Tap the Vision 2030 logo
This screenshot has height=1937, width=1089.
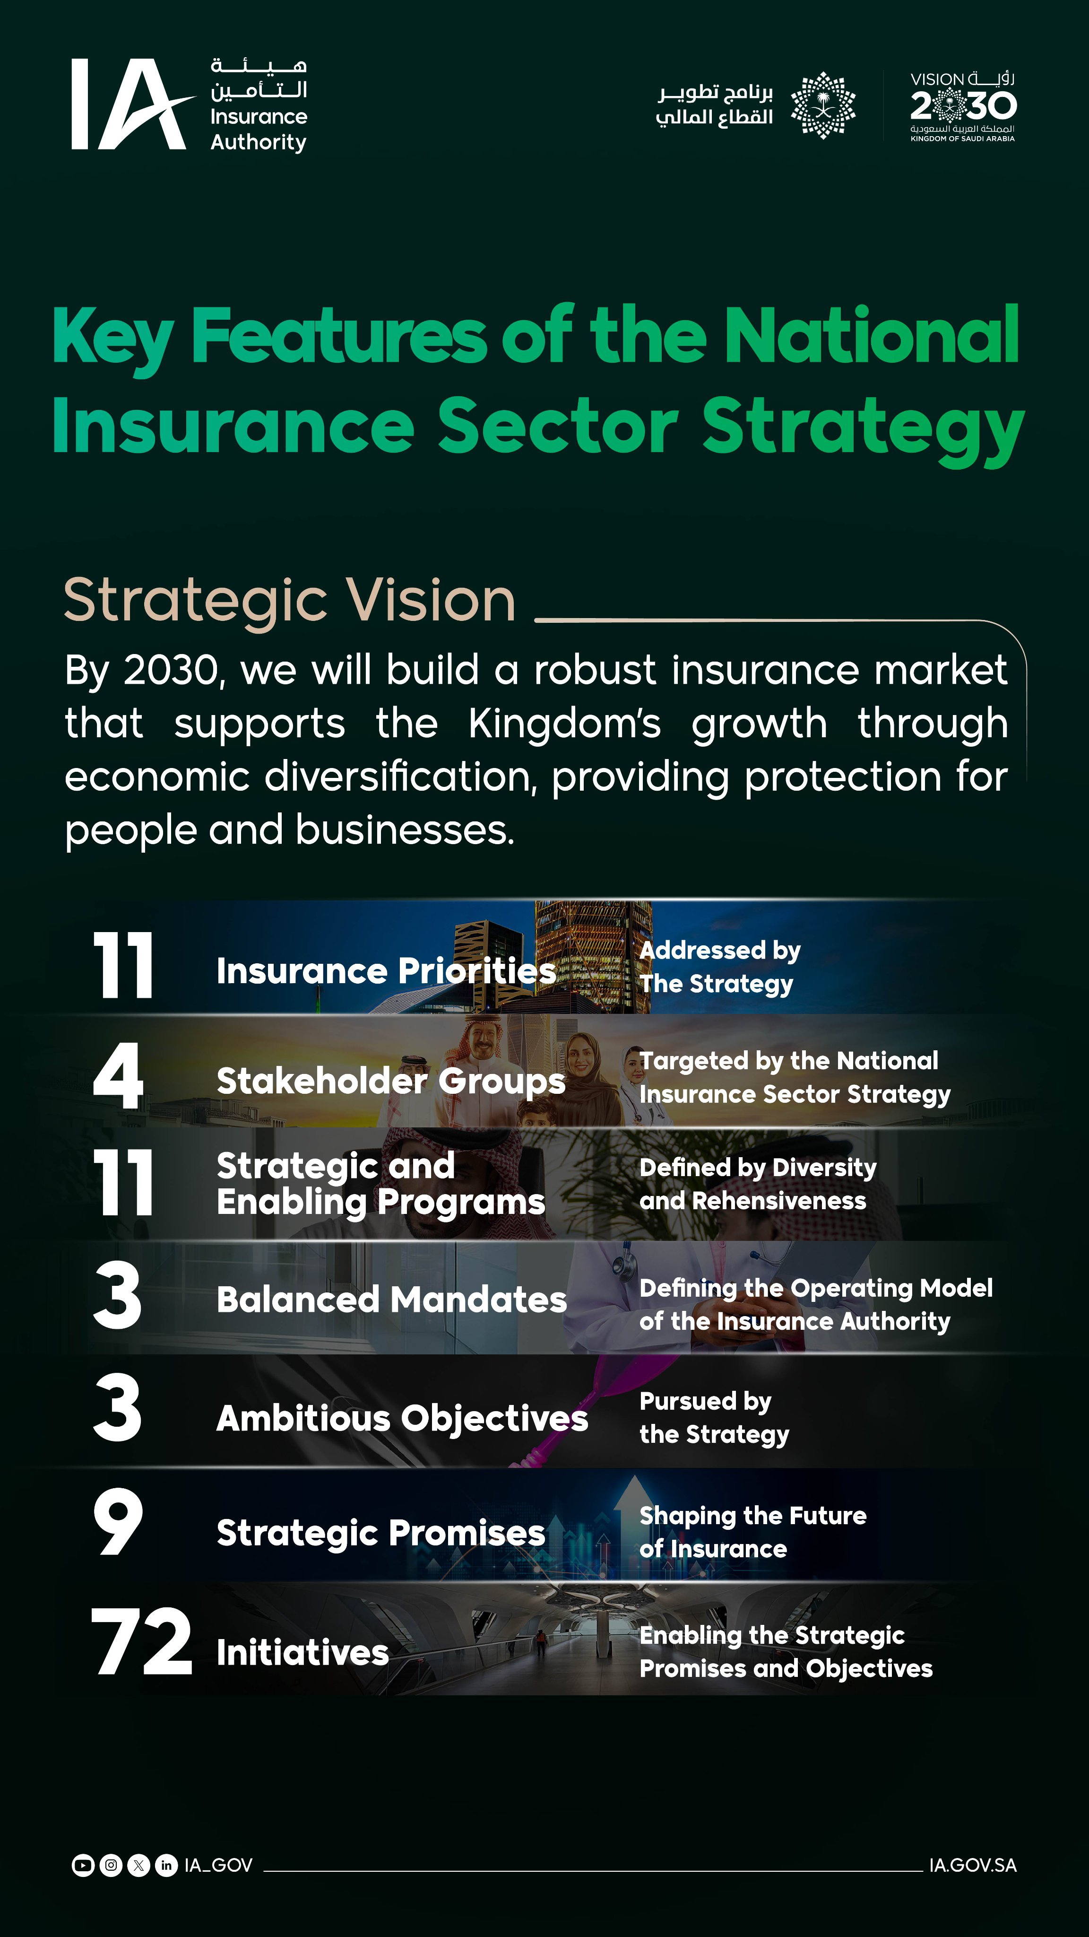[963, 106]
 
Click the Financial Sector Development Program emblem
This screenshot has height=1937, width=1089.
[823, 105]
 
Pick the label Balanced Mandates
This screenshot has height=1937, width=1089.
[391, 1300]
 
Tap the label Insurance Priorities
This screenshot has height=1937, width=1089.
[386, 971]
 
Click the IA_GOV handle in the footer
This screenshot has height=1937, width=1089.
[218, 1866]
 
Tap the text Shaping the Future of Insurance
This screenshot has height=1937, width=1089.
[752, 1532]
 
